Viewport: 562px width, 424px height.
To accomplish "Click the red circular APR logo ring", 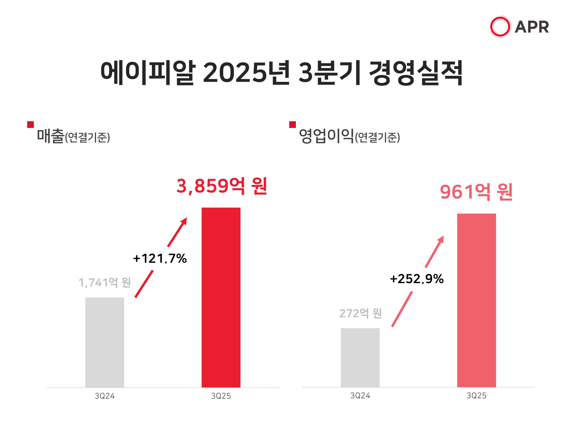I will point(500,27).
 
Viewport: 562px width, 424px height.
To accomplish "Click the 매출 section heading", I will point(50,136).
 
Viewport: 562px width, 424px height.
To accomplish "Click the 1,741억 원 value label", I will point(105,282).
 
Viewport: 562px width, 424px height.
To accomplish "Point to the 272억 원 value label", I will point(360,313).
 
